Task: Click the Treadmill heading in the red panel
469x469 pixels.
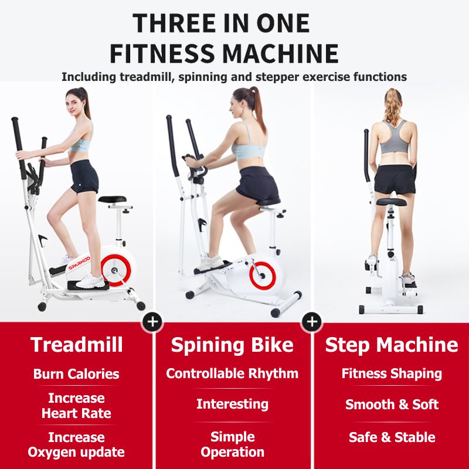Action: [x=77, y=345]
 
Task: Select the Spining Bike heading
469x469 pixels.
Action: [x=232, y=345]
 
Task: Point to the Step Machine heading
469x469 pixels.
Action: [x=392, y=345]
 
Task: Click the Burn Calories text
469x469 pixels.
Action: [x=76, y=374]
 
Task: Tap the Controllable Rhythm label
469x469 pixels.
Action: [x=232, y=374]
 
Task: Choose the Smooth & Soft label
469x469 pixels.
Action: [x=392, y=405]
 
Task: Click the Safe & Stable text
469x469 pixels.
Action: [x=392, y=437]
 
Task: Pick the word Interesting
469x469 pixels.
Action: [x=232, y=405]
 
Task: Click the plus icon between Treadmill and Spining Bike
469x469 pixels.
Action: [x=152, y=322]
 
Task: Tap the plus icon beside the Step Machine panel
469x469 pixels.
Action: [x=312, y=322]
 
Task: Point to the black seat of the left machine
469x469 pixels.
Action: [x=112, y=199]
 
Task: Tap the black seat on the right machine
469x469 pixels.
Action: [x=391, y=202]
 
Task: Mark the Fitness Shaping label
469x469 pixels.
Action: [x=392, y=374]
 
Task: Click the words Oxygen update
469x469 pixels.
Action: [x=76, y=452]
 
